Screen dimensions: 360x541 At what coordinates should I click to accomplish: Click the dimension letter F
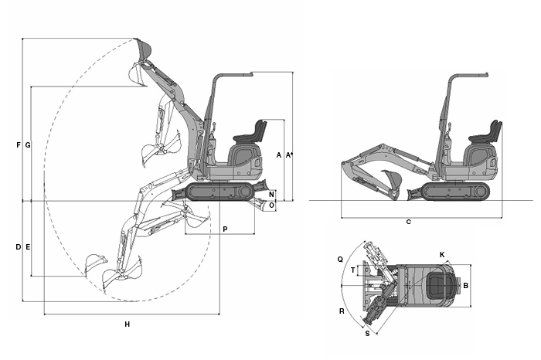18,145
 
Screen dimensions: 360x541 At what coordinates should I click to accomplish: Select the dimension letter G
28,145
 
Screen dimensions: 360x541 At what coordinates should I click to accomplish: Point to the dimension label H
128,324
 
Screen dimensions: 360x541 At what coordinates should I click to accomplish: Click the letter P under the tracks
225,229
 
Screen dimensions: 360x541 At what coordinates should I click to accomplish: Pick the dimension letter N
271,194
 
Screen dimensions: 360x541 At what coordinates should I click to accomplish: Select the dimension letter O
271,205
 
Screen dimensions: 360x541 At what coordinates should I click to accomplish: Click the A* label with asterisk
290,155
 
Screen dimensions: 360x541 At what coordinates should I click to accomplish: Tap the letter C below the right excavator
408,222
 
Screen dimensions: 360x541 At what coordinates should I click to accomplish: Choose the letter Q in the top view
340,260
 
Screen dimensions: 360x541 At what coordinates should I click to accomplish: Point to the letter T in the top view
353,270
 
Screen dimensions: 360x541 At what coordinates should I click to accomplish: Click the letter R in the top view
341,311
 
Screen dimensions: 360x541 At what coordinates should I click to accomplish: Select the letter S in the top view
367,335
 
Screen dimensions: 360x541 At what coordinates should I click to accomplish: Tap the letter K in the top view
442,254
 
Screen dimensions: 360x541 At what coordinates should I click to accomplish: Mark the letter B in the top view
465,286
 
